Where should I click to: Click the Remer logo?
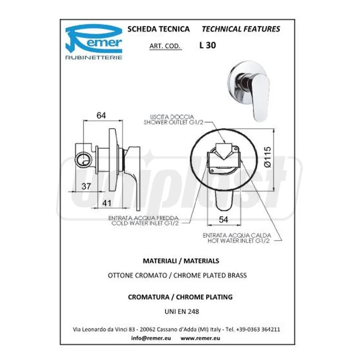pyautogui.click(x=94, y=42)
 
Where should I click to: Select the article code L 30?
pyautogui.click(x=208, y=45)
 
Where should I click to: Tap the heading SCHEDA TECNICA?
pyautogui.click(x=159, y=29)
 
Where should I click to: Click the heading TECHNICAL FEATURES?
pyautogui.click(x=241, y=29)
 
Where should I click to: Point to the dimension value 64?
pyautogui.click(x=101, y=115)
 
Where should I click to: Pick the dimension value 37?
pyautogui.click(x=86, y=186)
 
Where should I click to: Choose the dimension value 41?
pyautogui.click(x=107, y=203)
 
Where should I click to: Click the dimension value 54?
pyautogui.click(x=223, y=220)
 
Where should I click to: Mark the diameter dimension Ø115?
pyautogui.click(x=267, y=157)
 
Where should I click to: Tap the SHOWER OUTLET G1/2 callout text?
pyautogui.click(x=173, y=122)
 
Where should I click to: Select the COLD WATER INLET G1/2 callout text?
pyautogui.click(x=145, y=223)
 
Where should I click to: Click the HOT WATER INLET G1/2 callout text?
pyautogui.click(x=238, y=241)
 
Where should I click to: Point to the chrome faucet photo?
pyautogui.click(x=249, y=90)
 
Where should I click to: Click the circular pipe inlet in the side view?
pyautogui.click(x=84, y=159)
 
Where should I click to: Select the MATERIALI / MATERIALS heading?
pyautogui.click(x=181, y=261)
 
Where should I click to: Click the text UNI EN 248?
pyautogui.click(x=182, y=311)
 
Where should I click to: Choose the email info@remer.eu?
pyautogui.click(x=151, y=338)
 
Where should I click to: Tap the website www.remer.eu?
pyautogui.click(x=200, y=338)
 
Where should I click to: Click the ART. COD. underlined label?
pyautogui.click(x=165, y=46)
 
